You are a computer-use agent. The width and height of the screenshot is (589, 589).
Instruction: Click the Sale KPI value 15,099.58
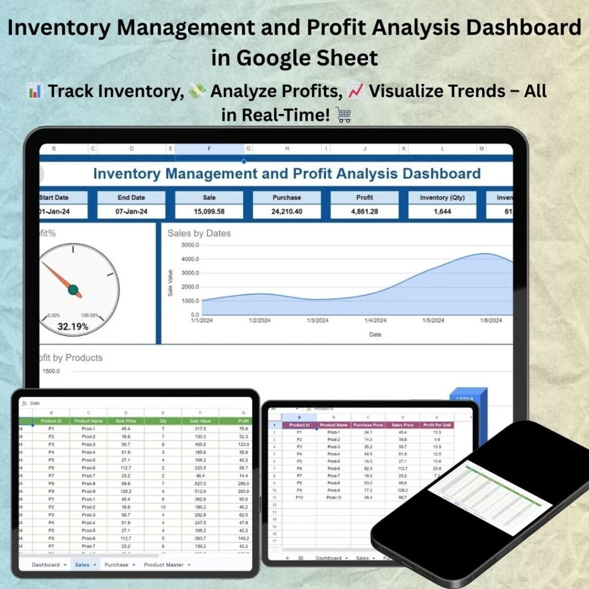tap(209, 212)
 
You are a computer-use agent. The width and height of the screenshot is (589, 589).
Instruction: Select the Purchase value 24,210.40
tap(286, 212)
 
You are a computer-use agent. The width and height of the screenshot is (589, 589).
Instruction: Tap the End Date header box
tap(132, 197)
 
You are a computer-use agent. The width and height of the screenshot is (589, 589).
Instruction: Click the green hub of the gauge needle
tap(73, 289)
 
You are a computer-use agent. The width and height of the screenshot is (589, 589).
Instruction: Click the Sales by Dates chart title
tap(199, 234)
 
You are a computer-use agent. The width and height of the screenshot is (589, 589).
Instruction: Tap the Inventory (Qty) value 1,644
tap(442, 212)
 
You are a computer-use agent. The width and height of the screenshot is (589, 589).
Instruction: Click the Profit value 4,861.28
tap(365, 212)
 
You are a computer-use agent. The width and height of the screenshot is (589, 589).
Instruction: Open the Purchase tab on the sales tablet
tap(117, 565)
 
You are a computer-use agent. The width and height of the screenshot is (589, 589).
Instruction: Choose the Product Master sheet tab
tap(164, 565)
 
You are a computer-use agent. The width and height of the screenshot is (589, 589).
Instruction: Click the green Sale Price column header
tap(125, 420)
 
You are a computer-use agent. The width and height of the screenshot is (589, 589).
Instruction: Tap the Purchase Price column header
tap(368, 425)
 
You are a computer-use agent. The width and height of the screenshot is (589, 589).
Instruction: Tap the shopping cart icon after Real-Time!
tap(343, 115)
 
